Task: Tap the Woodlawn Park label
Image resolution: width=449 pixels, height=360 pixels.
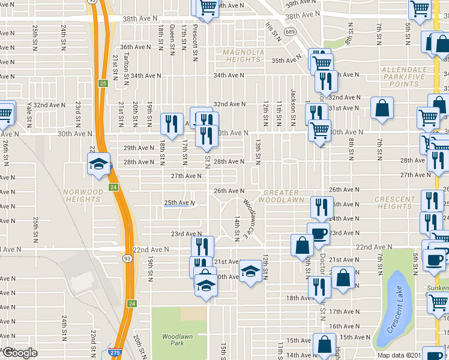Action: pos(177,340)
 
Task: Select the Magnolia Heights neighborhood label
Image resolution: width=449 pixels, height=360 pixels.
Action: pos(243,56)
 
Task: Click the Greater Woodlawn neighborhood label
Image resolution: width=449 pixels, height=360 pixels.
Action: pos(285,196)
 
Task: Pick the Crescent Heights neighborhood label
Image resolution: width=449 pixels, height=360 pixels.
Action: pos(394,203)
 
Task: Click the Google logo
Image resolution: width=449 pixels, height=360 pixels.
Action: pos(20,353)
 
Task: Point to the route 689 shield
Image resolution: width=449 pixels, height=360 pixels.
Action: pos(290,31)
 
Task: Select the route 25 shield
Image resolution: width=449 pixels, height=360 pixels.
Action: pos(103,83)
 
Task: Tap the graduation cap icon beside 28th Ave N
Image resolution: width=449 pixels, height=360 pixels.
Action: pos(98,163)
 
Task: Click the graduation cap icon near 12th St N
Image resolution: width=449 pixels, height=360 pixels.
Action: pos(251,272)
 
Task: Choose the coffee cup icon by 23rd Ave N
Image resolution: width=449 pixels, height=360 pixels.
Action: pos(318,233)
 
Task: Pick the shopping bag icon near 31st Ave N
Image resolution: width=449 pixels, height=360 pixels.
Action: pos(382,109)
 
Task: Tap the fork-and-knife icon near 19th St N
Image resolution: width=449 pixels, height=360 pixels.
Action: pos(172,123)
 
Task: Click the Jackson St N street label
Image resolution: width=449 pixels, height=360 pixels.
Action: pos(293,103)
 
